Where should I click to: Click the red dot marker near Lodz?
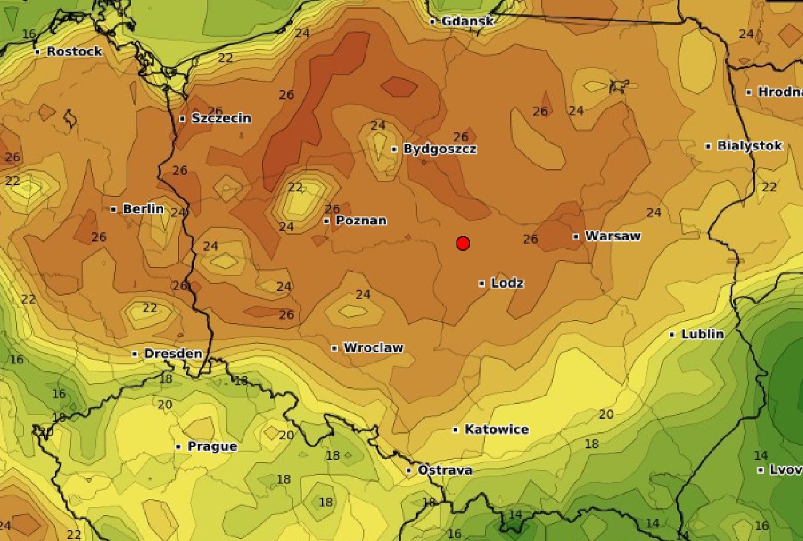[x=463, y=243]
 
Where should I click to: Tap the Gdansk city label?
[x=468, y=22]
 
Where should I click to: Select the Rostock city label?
[x=74, y=52]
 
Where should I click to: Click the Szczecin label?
[x=221, y=119]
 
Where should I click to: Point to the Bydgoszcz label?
[x=440, y=149]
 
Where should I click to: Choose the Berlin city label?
[x=143, y=209]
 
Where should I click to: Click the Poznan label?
[x=361, y=220]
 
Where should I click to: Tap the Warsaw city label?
[x=613, y=236]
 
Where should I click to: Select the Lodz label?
[x=507, y=283]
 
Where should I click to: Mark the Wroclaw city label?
[x=373, y=348]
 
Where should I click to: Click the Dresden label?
[x=173, y=354]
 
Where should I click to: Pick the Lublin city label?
[x=702, y=334]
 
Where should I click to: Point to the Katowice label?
[x=497, y=429]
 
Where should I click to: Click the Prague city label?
[x=212, y=447]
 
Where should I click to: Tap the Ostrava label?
[x=445, y=471]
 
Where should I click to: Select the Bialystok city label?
[x=750, y=146]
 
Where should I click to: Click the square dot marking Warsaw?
[x=576, y=236]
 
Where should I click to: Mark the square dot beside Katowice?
[x=456, y=429]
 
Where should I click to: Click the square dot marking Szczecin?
[x=182, y=119]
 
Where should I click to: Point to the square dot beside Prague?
[x=179, y=447]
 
